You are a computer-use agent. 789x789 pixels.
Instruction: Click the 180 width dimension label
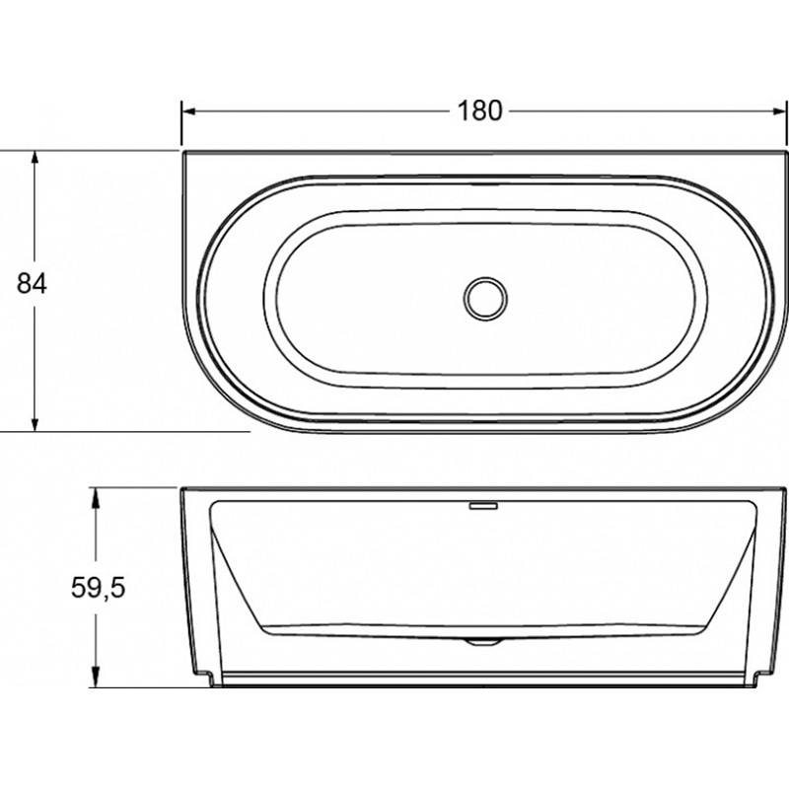click(x=479, y=110)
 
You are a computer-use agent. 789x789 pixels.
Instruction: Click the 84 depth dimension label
click(x=32, y=283)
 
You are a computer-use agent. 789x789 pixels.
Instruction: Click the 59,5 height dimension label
click(x=98, y=587)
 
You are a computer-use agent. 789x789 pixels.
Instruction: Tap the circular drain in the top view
click(x=485, y=298)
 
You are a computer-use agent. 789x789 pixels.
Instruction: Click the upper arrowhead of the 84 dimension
click(x=35, y=158)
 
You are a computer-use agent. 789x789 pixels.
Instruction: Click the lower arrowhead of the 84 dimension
click(x=35, y=424)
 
